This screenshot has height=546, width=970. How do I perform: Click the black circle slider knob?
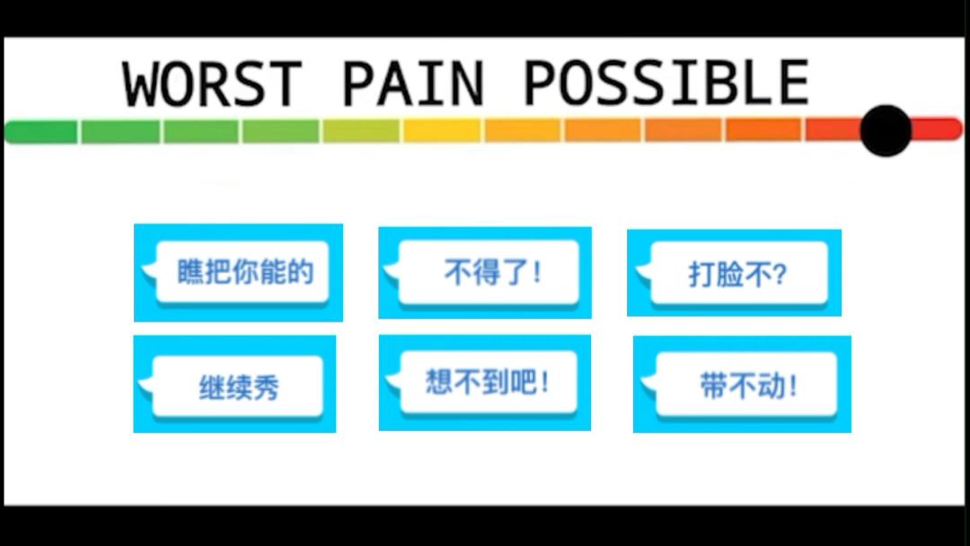(886, 130)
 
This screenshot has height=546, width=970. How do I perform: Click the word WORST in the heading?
(212, 84)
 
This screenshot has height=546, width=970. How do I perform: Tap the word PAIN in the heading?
(412, 84)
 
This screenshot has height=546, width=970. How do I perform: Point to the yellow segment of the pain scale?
(442, 131)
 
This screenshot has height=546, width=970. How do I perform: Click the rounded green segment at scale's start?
(40, 132)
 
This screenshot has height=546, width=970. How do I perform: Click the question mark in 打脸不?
(779, 275)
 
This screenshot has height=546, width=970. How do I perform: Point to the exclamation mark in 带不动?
(793, 386)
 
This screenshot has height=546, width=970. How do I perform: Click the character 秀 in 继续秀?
(266, 388)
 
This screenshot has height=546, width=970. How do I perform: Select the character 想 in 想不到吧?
(439, 382)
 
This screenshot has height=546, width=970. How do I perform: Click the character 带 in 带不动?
(713, 386)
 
